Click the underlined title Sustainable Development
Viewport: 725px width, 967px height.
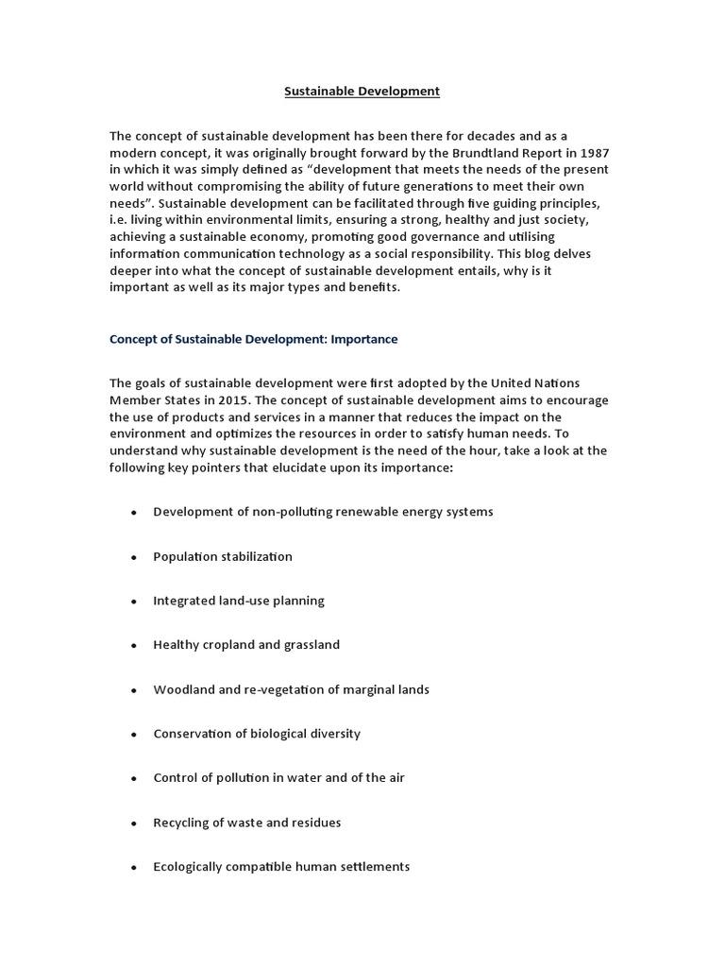click(x=362, y=92)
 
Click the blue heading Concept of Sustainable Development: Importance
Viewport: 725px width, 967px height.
click(x=254, y=338)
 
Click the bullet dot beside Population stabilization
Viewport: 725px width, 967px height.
click(x=134, y=557)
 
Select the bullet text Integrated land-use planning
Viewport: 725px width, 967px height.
click(x=238, y=601)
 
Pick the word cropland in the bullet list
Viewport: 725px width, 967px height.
click(x=229, y=645)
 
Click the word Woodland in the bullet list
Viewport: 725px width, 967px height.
click(x=182, y=689)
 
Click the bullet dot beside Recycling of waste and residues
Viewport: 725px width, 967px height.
click(x=134, y=823)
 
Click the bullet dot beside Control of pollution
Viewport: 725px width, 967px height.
click(x=134, y=778)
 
